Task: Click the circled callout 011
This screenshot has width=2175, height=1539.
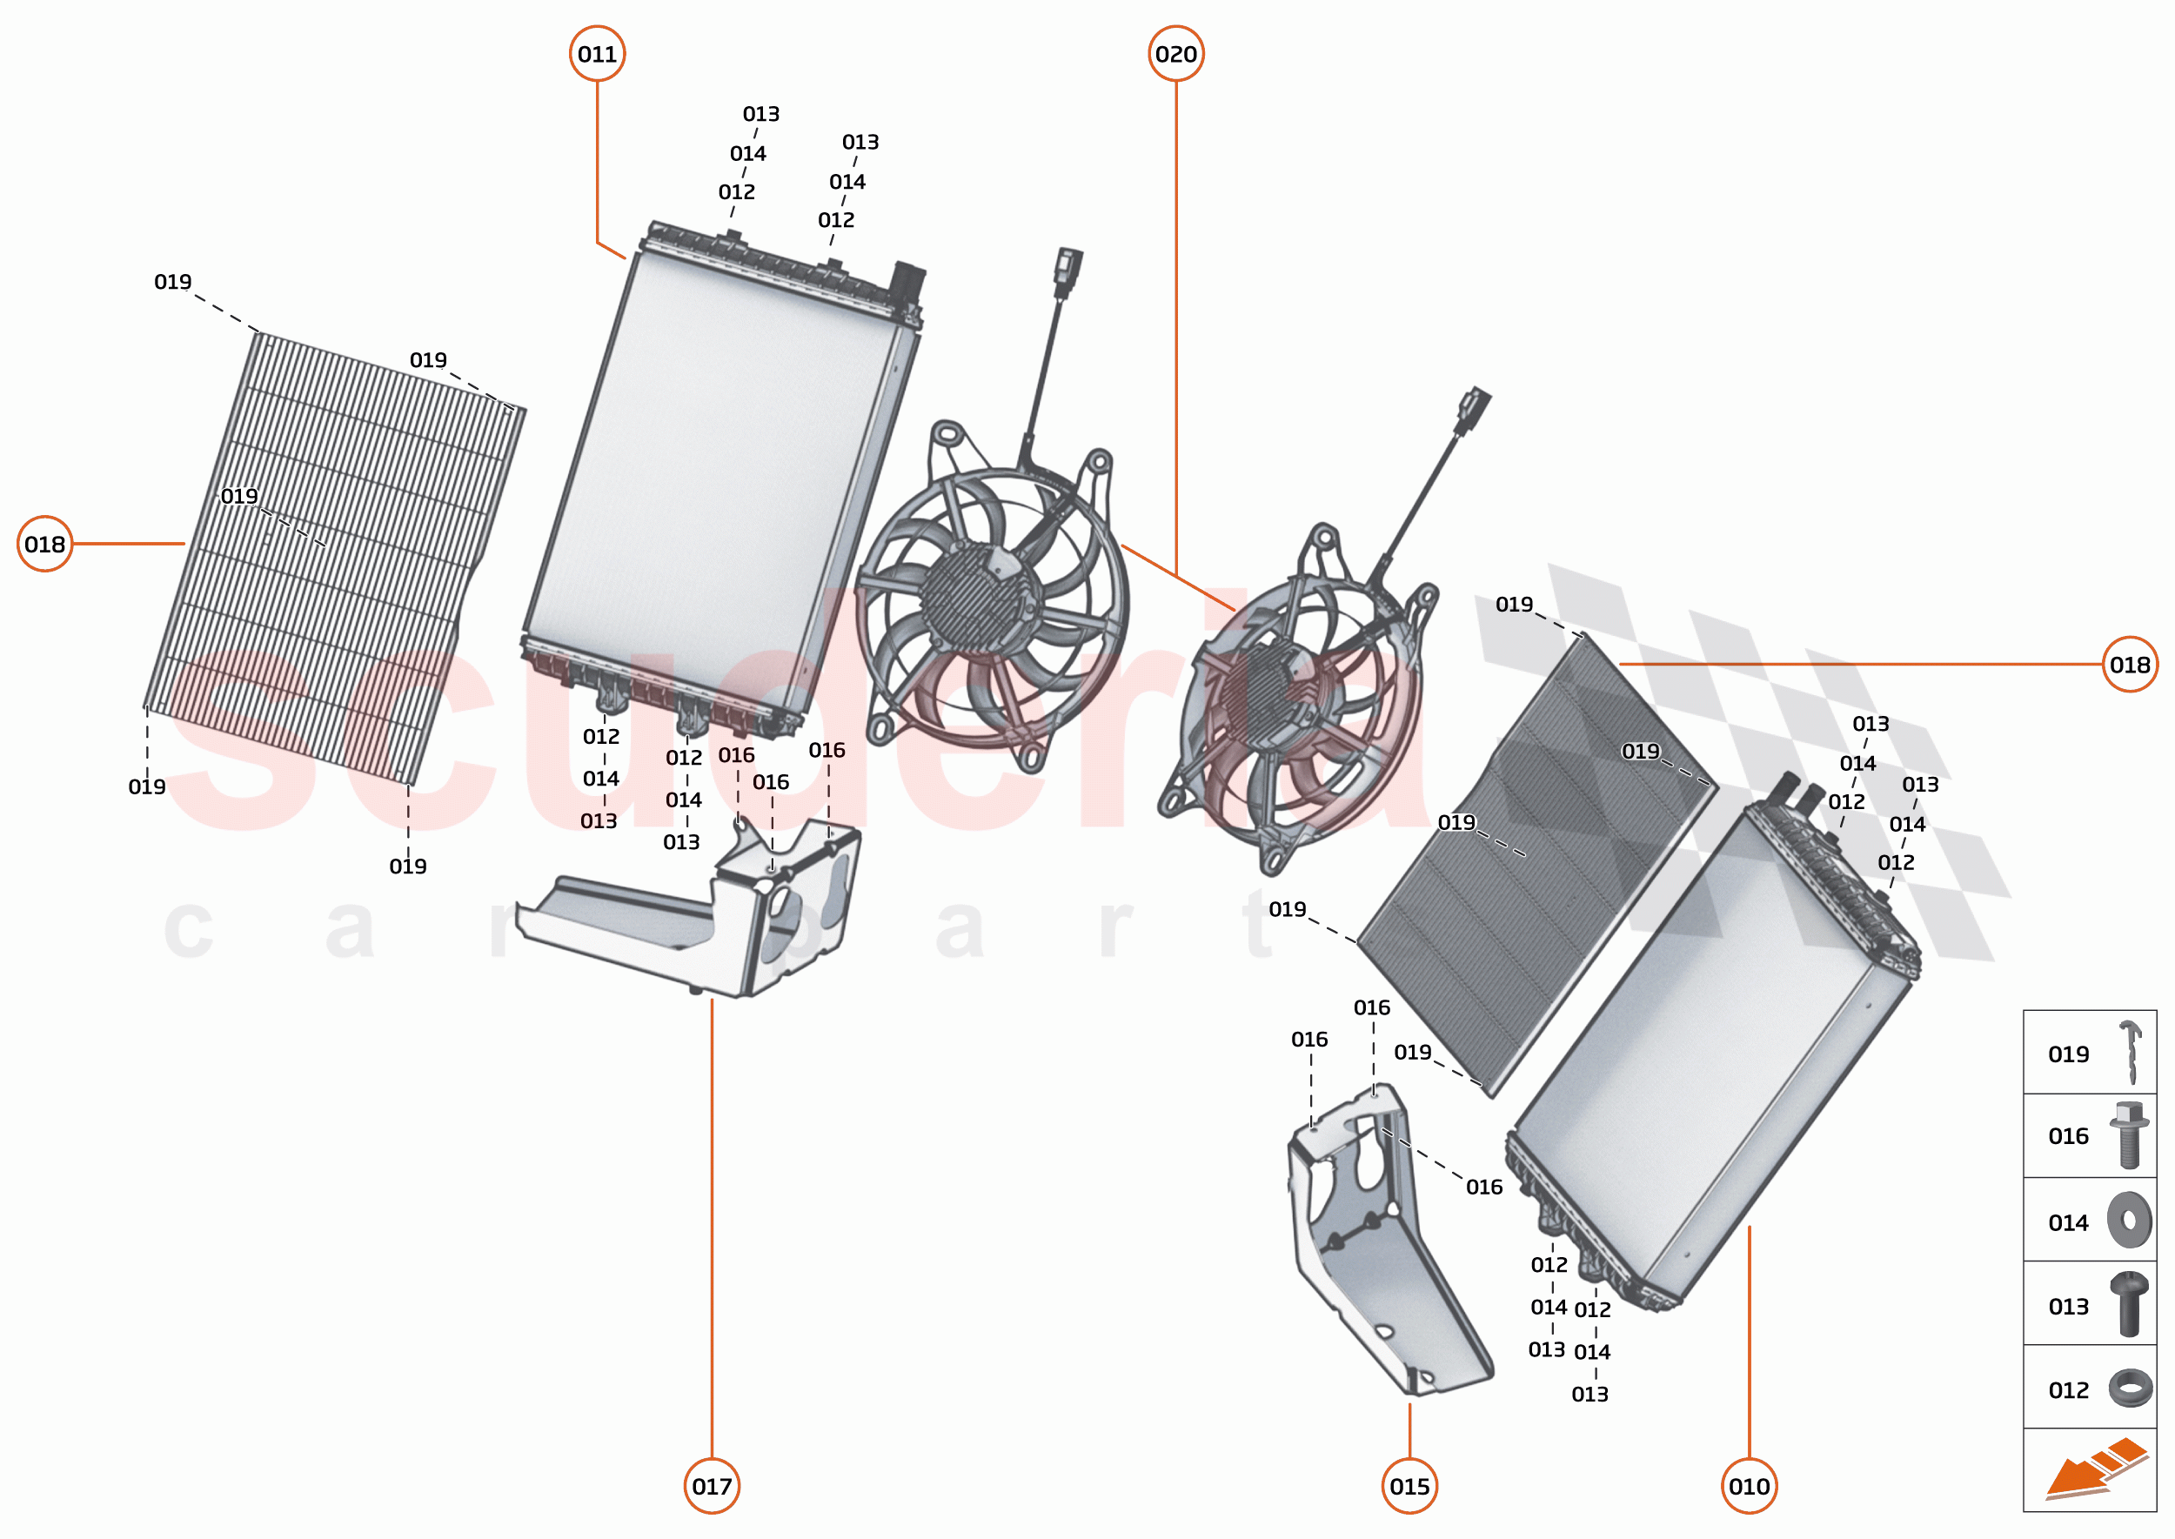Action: click(597, 54)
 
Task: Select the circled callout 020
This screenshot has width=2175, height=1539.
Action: click(1175, 54)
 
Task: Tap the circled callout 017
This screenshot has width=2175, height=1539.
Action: click(712, 1485)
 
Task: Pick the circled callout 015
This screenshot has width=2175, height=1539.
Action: click(1409, 1485)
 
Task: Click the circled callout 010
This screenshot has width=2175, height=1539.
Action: click(1749, 1485)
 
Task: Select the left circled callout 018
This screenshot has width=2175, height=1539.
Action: click(44, 544)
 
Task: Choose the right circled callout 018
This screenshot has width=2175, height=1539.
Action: click(2130, 665)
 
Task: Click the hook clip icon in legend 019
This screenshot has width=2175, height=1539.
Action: click(2131, 1052)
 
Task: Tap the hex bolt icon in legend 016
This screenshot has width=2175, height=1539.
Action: click(2129, 1134)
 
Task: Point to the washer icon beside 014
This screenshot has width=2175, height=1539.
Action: click(2129, 1220)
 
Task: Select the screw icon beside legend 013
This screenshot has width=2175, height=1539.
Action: click(2129, 1304)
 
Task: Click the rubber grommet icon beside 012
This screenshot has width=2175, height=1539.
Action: click(2130, 1388)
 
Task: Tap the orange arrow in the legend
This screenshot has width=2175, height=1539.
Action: click(2094, 1469)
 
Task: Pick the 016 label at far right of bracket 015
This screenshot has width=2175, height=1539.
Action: click(1484, 1187)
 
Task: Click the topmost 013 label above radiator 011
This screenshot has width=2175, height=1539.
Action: click(761, 114)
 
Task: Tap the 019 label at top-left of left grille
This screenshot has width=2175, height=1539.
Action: click(172, 282)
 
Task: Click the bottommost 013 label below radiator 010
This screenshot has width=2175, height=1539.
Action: click(1589, 1394)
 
